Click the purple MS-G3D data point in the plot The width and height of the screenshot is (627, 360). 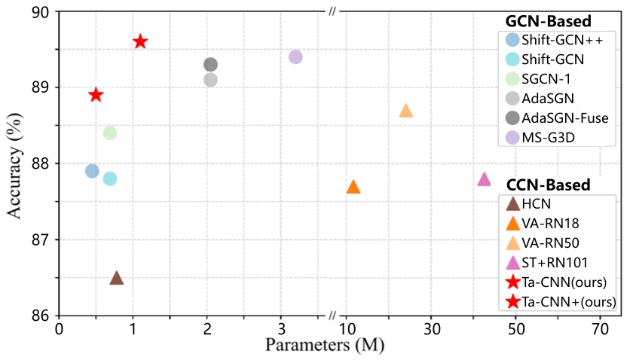(x=295, y=56)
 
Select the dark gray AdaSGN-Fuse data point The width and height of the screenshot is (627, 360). (x=210, y=65)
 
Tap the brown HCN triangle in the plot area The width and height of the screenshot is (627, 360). (x=117, y=279)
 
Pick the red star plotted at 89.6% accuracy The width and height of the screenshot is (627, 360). (x=139, y=41)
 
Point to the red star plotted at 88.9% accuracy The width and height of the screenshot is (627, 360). (x=96, y=95)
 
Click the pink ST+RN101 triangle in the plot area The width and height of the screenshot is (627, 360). (x=484, y=179)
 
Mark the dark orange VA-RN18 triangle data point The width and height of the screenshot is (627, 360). (x=353, y=187)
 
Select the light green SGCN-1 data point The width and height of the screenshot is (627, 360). (x=109, y=133)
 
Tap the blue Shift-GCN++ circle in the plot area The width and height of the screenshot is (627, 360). (x=92, y=171)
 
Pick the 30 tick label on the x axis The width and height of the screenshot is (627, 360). (x=432, y=329)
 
